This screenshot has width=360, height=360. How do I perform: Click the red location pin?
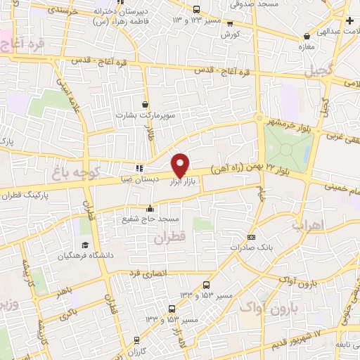[x=181, y=165]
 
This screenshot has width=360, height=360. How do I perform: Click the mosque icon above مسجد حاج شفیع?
[x=149, y=209]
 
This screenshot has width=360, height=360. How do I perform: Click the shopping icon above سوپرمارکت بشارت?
[x=146, y=104]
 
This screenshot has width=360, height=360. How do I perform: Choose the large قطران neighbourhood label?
[x=166, y=238]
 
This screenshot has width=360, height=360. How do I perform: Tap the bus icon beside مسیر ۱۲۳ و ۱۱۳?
[x=196, y=10]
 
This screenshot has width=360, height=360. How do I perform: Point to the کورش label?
[x=230, y=34]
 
